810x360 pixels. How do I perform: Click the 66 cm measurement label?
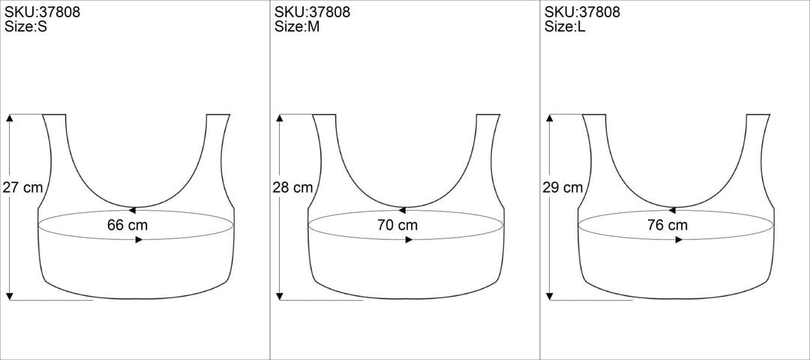127,225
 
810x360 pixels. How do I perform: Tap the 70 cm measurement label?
397,225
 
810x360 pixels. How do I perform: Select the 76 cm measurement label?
667,225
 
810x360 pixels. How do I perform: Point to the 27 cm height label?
22,187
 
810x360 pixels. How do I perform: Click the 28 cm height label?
292,187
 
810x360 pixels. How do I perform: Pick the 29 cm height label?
562,187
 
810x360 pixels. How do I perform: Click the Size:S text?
25,27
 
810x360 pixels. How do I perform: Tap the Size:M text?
297,27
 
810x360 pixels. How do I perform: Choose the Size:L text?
565,27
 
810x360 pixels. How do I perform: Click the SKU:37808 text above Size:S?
42,12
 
